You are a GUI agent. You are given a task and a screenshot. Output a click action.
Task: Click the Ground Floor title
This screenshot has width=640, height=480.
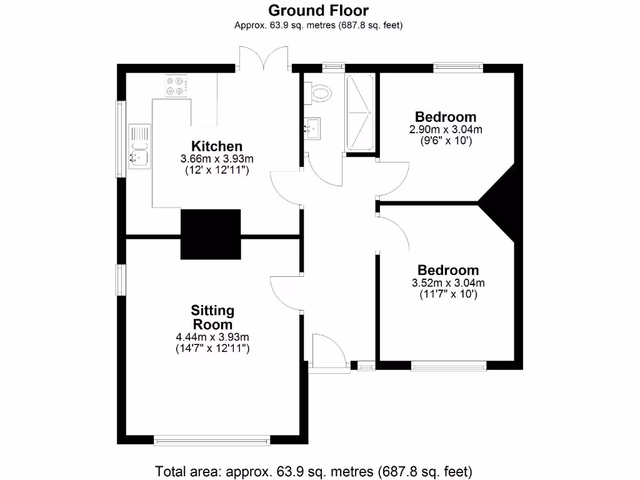point(318,11)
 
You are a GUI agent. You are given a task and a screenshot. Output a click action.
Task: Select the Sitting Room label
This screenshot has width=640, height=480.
point(212,317)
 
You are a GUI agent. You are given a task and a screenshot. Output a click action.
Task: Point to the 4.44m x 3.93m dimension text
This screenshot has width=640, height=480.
point(212,337)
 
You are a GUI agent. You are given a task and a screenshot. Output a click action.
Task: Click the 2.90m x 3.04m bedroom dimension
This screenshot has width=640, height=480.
point(446,130)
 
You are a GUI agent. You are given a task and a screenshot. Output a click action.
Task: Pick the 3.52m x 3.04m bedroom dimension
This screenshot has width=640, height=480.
point(448,282)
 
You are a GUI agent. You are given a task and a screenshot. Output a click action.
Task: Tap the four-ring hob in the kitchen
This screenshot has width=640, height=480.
point(177,86)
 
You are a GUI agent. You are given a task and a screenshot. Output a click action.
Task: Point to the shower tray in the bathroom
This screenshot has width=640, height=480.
point(360,112)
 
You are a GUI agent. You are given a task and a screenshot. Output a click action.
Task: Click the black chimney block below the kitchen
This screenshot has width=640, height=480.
point(211,234)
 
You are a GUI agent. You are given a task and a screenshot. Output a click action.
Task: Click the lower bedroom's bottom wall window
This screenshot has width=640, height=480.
point(448,366)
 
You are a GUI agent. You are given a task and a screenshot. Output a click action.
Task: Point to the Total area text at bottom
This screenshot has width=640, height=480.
point(313,470)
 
